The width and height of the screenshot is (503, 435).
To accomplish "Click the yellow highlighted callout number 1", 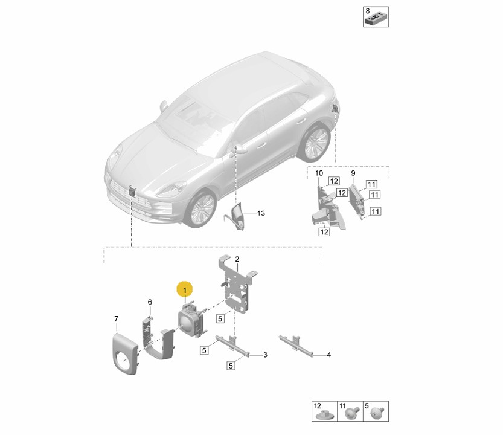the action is coord(184,289).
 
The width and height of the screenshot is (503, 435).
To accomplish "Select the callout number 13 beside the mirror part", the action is coord(261,213).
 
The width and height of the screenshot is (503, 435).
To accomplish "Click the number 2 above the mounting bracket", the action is coord(237,259).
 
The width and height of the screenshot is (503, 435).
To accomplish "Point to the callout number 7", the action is coord(116,318).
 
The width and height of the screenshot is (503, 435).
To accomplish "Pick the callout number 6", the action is coord(150,302).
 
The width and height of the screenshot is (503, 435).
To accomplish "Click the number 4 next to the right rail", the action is coord(329,355).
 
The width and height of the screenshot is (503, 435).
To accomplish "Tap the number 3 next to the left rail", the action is coord(265,355).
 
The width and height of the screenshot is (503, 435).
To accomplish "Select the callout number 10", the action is coord(319,173).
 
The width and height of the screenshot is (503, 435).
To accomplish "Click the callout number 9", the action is coord(353,173).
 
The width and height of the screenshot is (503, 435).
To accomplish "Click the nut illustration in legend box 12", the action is coord(324,416).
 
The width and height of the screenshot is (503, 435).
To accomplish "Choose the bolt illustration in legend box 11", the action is coord(351,413).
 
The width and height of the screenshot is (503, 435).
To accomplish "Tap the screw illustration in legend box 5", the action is coord(377,413).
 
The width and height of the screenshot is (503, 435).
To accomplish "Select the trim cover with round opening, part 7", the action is coord(125,353).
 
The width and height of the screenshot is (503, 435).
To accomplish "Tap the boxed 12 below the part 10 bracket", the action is coord(324,231).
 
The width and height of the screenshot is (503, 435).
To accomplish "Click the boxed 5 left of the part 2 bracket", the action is coord(220,319).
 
